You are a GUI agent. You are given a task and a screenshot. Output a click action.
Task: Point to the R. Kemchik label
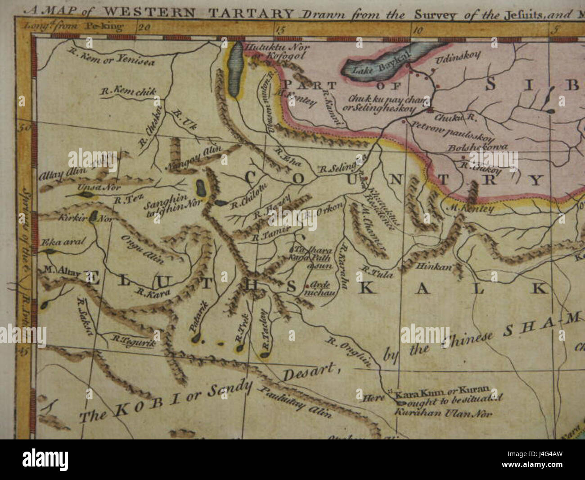tap(128, 91)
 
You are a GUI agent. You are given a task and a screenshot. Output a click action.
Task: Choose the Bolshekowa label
tap(477, 148)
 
